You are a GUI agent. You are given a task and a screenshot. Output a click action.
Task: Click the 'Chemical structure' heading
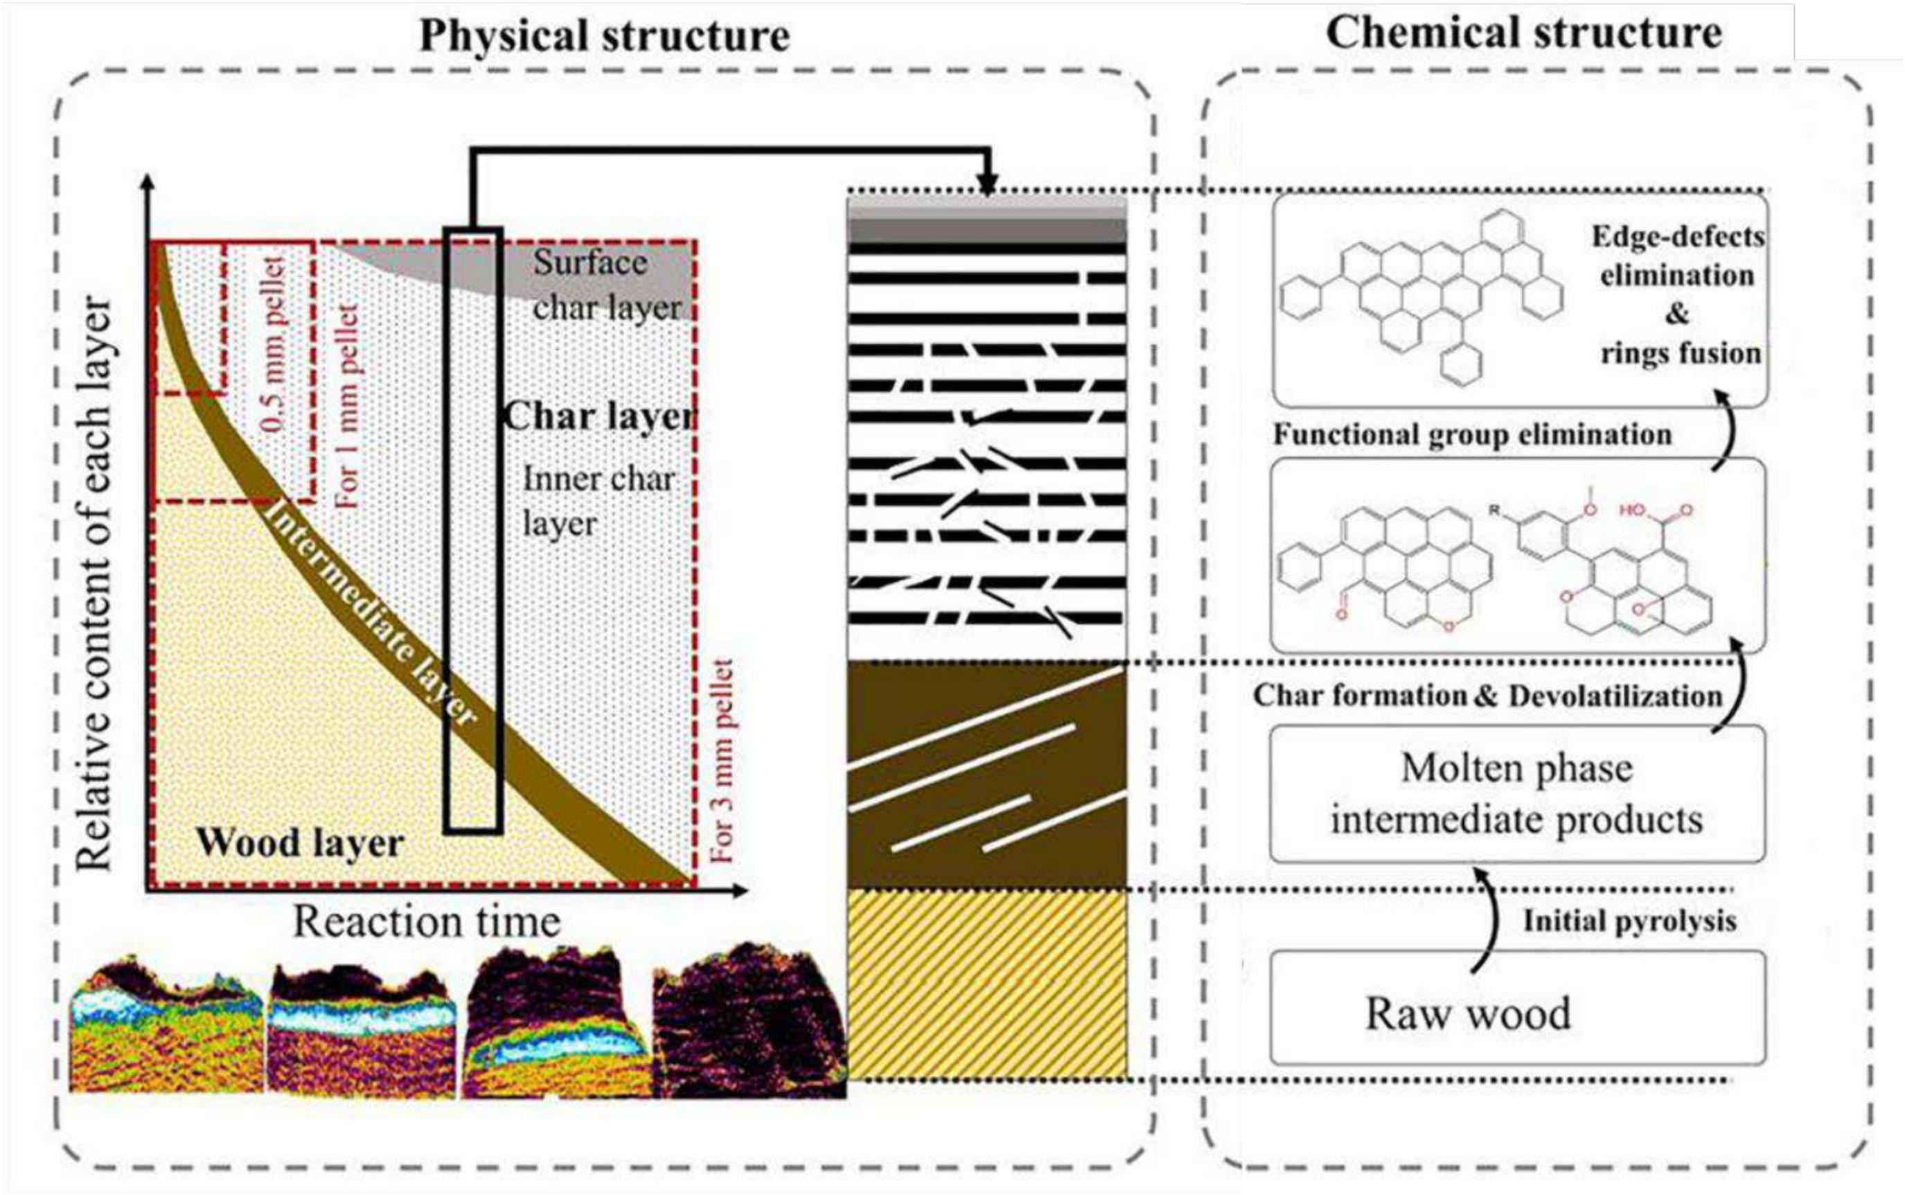1523,33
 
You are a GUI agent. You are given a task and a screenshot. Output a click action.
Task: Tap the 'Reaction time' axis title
427,921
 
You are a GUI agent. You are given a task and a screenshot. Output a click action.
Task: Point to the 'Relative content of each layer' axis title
95,585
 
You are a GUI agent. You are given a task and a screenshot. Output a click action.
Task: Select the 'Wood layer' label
299,842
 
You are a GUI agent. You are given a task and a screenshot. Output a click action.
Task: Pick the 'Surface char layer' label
605,285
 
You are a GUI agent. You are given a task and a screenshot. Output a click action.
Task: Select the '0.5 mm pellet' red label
276,344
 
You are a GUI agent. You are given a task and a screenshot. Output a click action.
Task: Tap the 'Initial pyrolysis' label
1629,921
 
